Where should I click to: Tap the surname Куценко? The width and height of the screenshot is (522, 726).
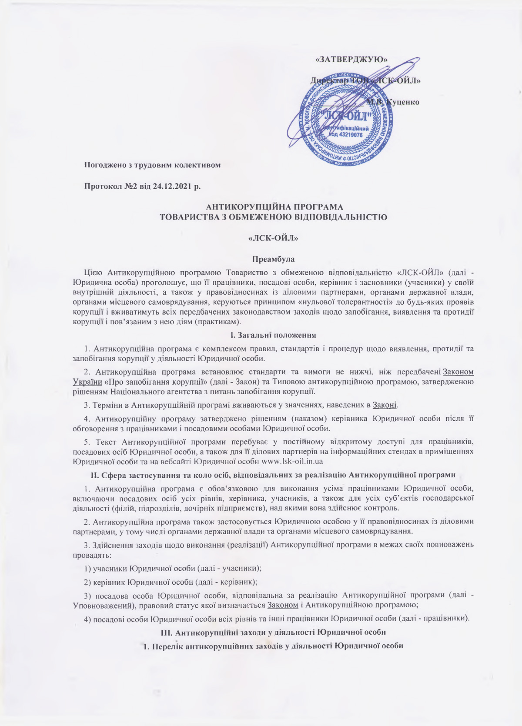402,102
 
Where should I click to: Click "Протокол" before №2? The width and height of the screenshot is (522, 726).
102,186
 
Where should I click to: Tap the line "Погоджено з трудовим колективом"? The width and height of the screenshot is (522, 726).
152,165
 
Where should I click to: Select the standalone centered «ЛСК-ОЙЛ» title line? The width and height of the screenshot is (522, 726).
274,238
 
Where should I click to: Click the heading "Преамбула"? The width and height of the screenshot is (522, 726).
274,259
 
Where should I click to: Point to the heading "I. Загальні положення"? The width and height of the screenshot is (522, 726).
273,335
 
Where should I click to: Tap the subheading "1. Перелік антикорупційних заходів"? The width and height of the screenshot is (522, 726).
273,646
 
